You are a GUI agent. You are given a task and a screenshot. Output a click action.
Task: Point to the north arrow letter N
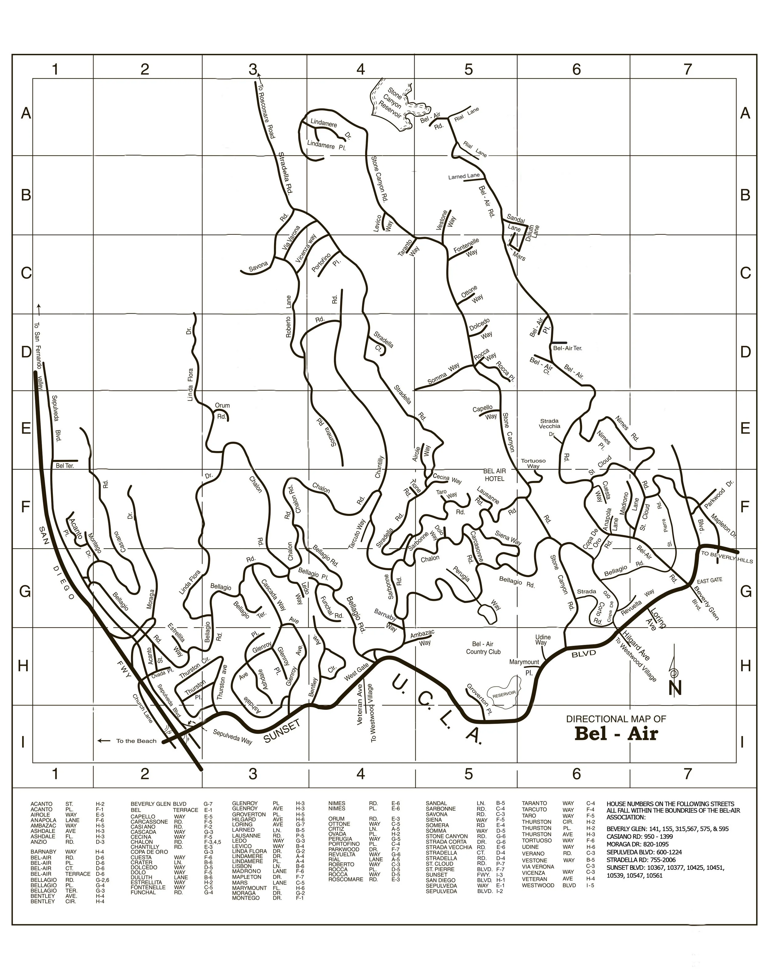[x=675, y=688]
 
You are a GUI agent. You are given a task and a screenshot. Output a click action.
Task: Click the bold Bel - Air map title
[x=616, y=733]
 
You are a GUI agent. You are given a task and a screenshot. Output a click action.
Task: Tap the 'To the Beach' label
[x=136, y=741]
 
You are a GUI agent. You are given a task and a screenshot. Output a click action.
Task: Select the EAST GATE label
[x=710, y=581]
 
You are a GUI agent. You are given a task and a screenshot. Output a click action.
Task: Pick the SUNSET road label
[x=282, y=731]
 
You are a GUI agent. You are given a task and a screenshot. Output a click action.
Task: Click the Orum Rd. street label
[x=222, y=411]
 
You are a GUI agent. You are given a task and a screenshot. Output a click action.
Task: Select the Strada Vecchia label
[x=550, y=424]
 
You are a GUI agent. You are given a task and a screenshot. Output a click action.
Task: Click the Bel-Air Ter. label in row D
[x=567, y=348]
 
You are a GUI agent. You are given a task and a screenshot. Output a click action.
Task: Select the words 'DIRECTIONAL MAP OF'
[x=616, y=719]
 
